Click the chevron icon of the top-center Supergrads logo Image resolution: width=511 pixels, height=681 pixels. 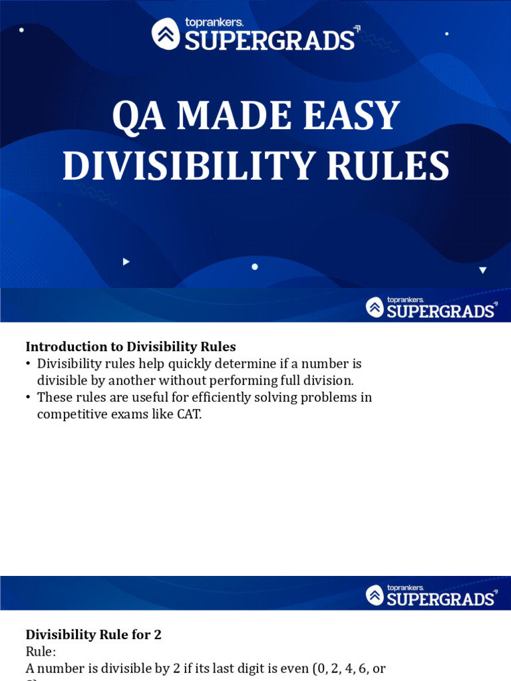click(166, 33)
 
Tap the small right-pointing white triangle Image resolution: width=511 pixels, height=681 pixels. click(126, 262)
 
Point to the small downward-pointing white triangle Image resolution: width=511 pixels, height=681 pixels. click(482, 270)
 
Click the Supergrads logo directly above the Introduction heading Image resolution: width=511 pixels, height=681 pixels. click(431, 307)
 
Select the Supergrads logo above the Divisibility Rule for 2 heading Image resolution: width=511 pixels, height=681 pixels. click(431, 595)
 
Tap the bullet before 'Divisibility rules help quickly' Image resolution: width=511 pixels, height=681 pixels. click(29, 364)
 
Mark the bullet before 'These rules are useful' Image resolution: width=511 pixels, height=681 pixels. click(29, 398)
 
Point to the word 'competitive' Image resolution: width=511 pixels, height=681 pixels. click(71, 414)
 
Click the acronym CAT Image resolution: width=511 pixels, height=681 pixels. click(188, 414)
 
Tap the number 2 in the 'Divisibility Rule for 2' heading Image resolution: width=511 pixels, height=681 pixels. click(158, 634)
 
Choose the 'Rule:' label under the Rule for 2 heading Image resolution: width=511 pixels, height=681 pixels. click(41, 651)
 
